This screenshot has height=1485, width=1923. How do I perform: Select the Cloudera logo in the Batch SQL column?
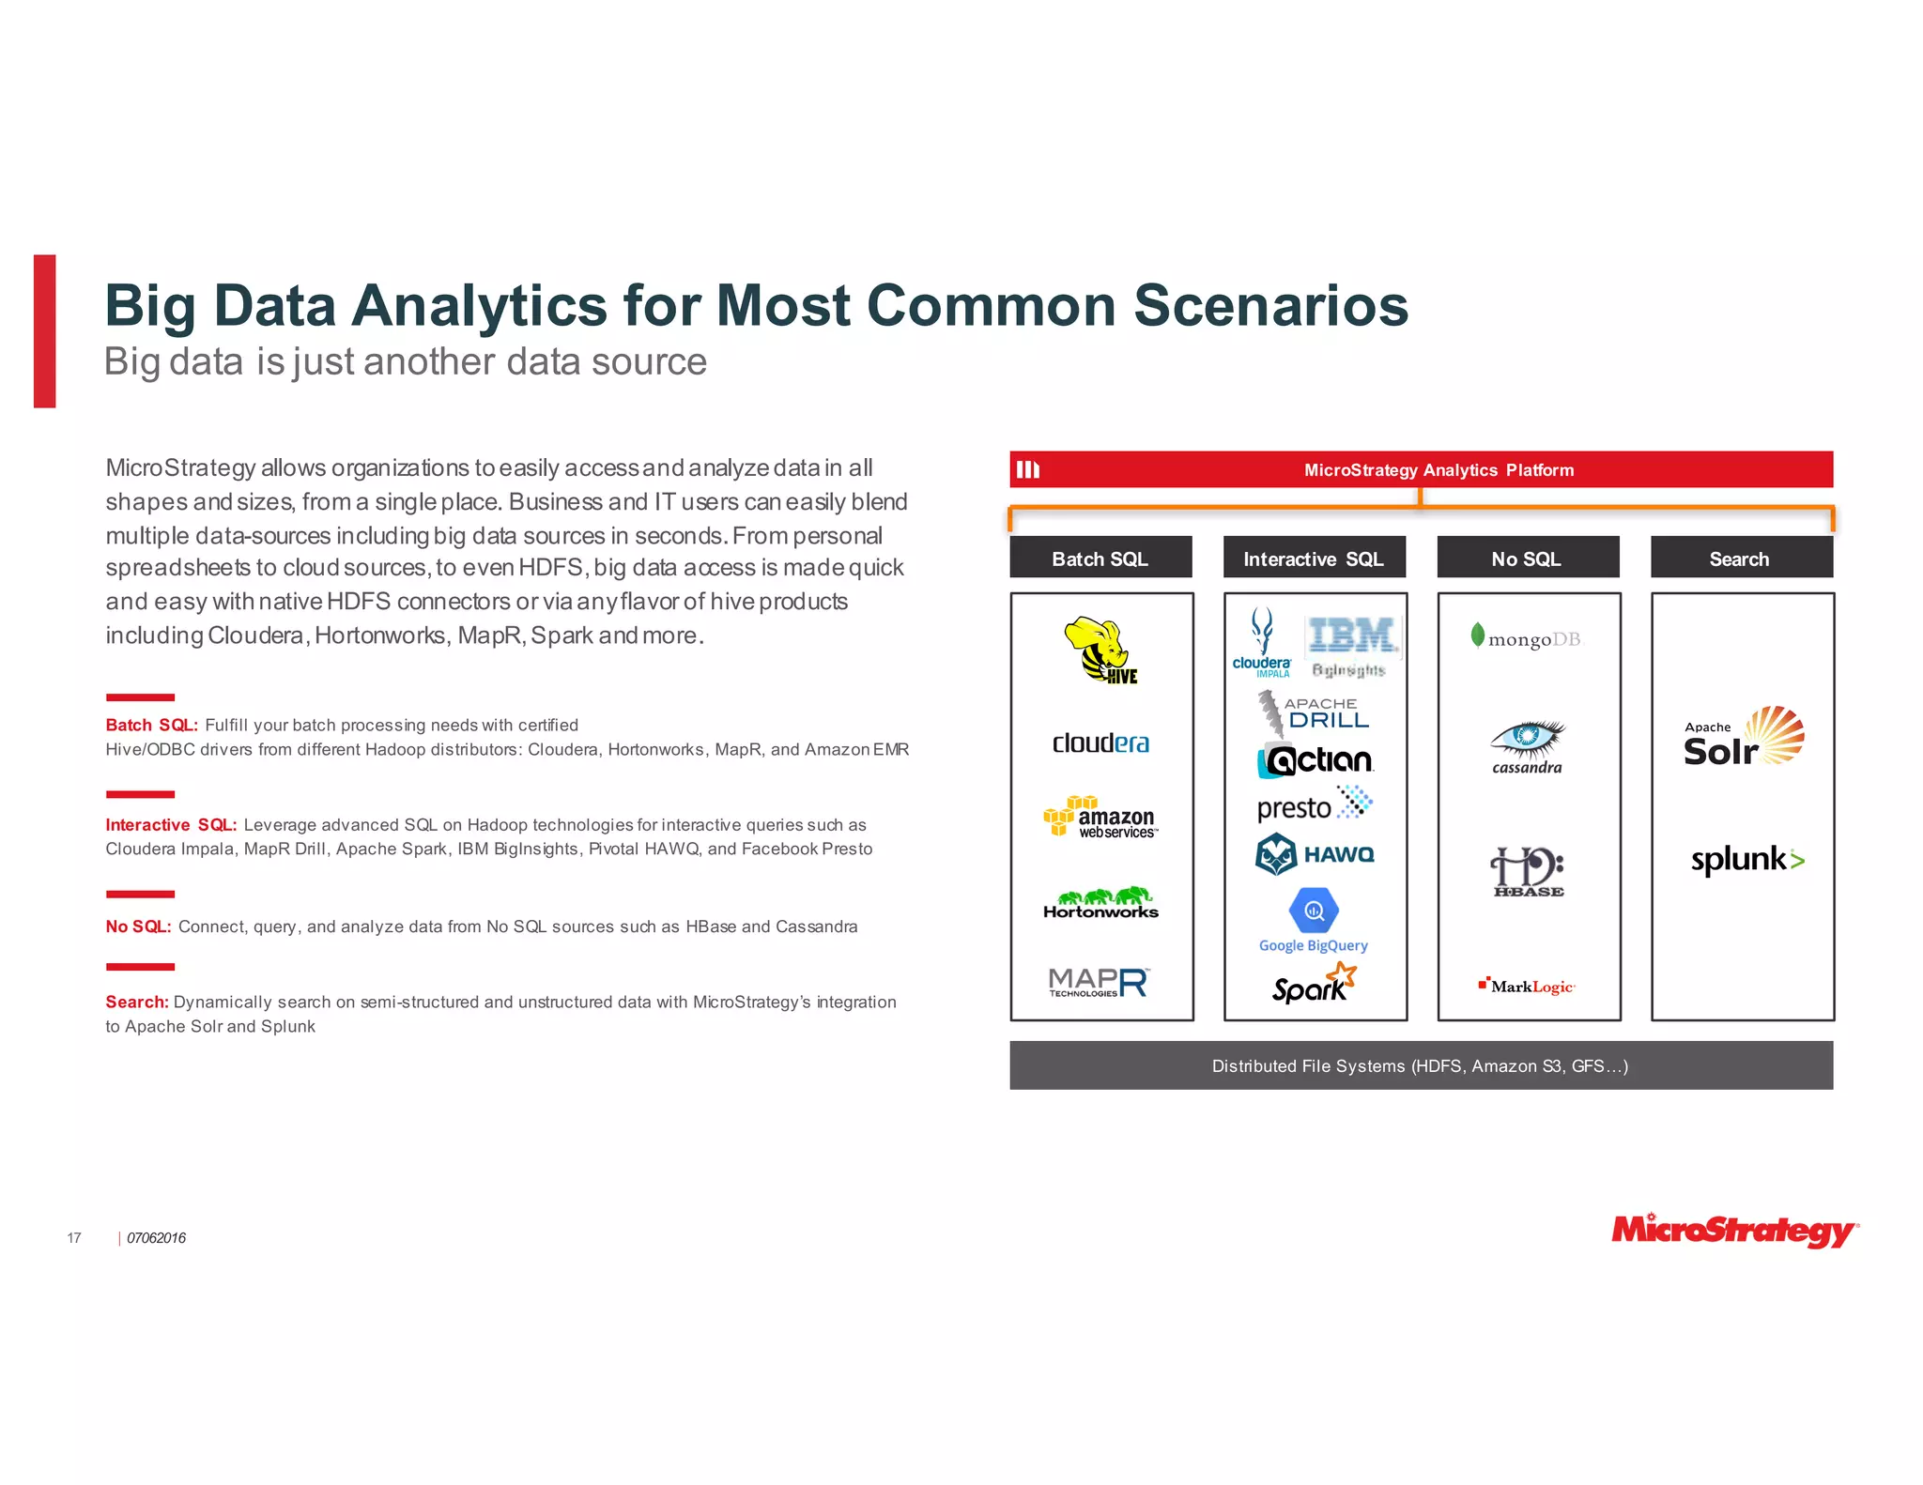(x=1100, y=743)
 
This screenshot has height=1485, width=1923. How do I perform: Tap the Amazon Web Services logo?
(x=1100, y=817)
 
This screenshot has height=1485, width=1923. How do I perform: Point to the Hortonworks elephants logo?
(x=1100, y=902)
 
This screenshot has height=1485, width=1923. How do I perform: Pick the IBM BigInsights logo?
(x=1352, y=646)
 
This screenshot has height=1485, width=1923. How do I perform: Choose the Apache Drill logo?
(x=1315, y=713)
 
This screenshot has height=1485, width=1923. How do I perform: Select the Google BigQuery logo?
(x=1314, y=920)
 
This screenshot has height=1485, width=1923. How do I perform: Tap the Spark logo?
(x=1314, y=984)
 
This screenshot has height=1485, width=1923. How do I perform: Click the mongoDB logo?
(x=1526, y=638)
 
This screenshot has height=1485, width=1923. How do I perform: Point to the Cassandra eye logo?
(x=1528, y=747)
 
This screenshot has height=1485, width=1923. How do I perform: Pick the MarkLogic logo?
(x=1527, y=986)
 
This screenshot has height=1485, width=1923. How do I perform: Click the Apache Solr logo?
(x=1743, y=738)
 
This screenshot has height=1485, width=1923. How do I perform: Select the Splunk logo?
(x=1746, y=859)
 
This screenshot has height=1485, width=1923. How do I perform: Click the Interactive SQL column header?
(x=1314, y=559)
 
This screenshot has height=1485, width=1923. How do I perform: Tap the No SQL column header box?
(x=1528, y=559)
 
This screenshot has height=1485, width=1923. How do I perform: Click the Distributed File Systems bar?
(x=1421, y=1065)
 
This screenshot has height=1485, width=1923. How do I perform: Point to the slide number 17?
(x=74, y=1238)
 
